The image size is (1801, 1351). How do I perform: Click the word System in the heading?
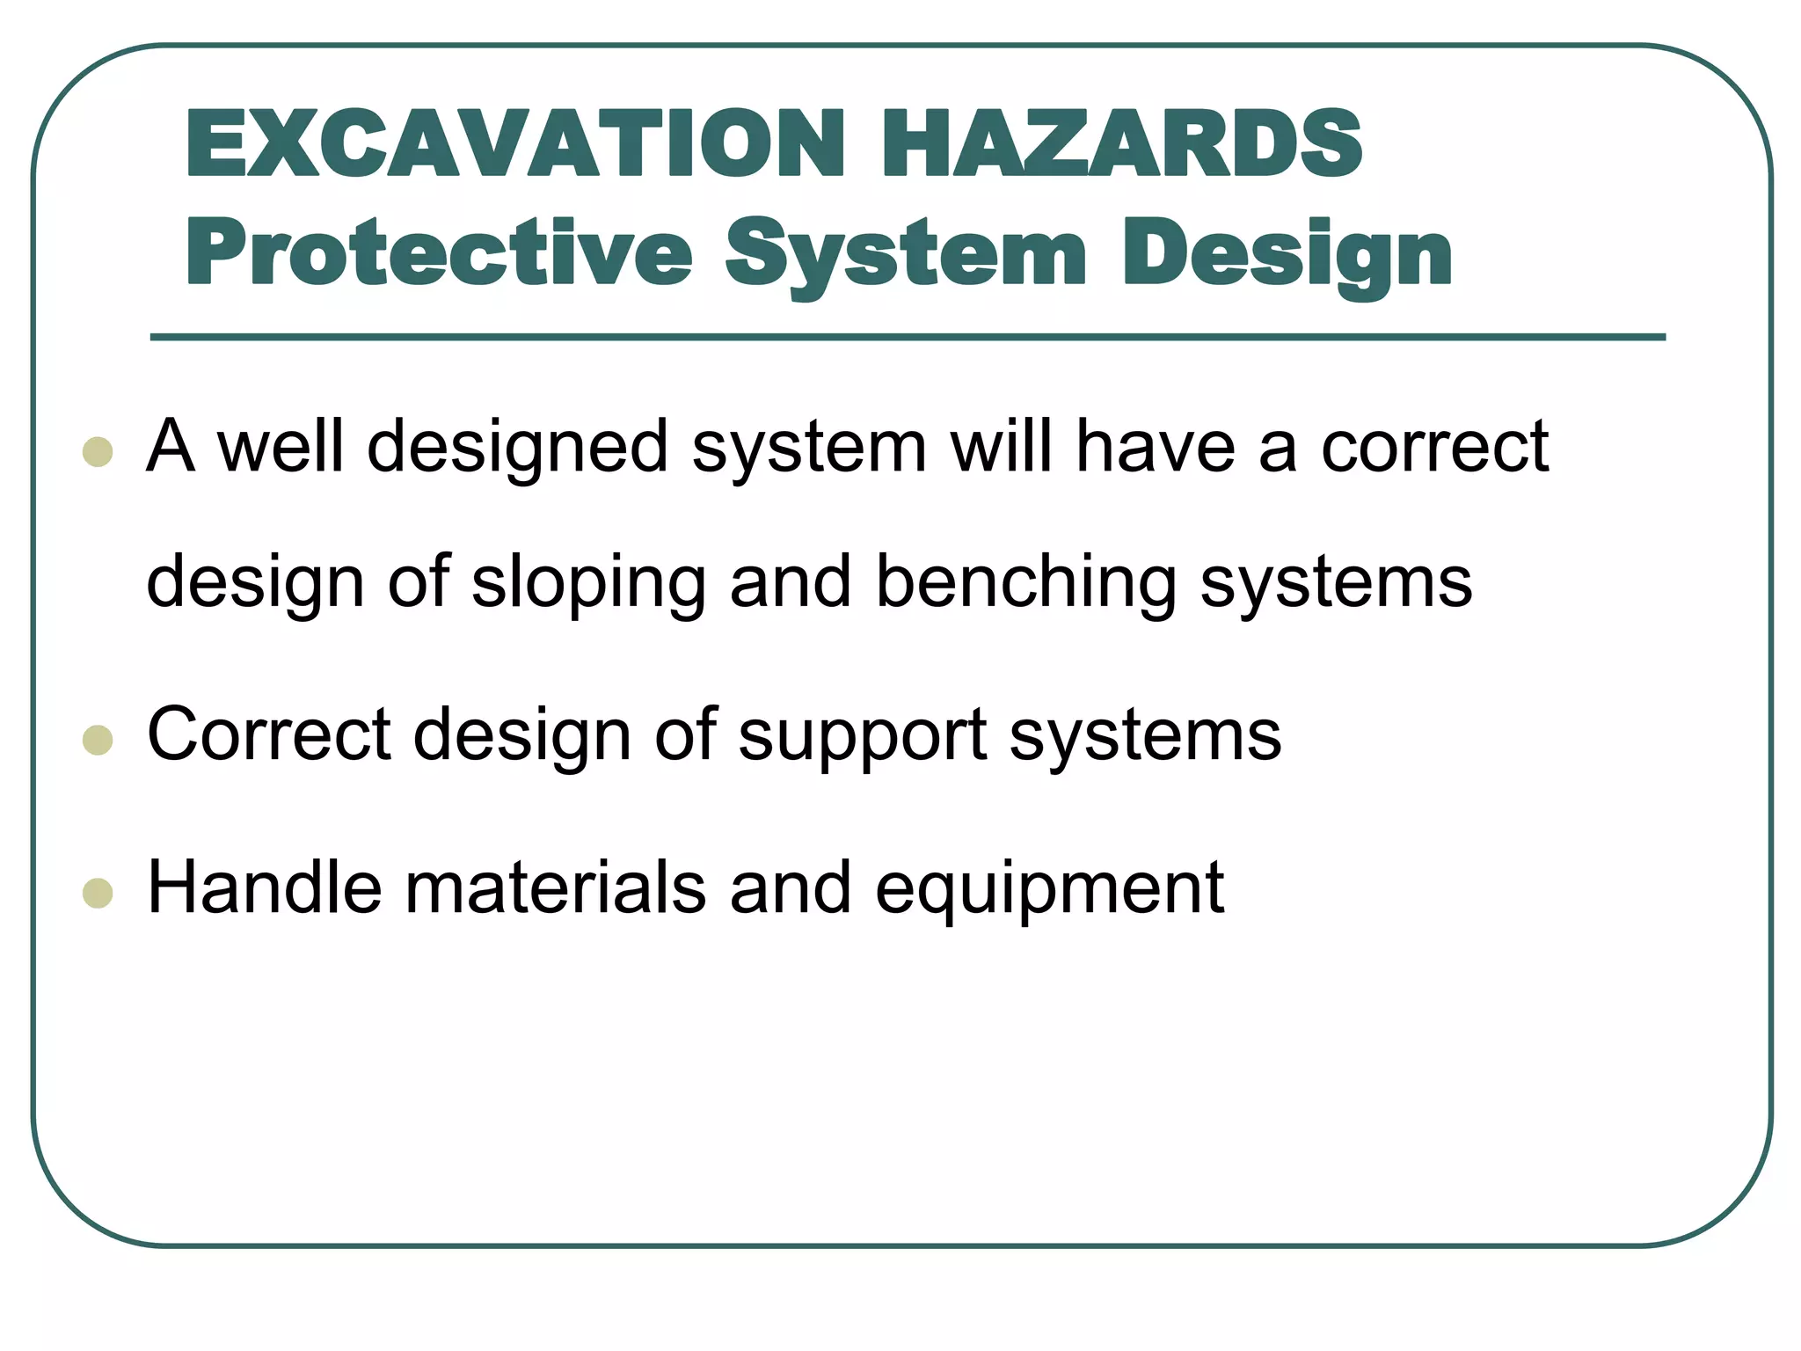[x=906, y=255]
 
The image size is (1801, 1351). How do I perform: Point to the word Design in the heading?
[x=1287, y=255]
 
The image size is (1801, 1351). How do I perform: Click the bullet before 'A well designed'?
[x=98, y=452]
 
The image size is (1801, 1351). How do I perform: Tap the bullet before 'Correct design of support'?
[x=98, y=740]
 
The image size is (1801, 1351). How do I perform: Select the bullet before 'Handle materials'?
[x=98, y=893]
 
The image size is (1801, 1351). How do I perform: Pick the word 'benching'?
[x=1025, y=582]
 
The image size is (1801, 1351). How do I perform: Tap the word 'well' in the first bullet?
[x=281, y=446]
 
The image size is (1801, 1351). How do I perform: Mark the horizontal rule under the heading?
[x=908, y=337]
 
